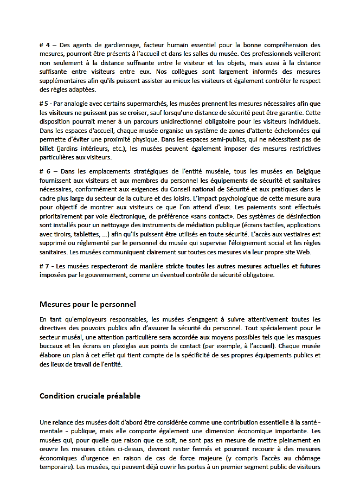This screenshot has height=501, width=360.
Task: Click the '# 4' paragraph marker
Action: point(44,45)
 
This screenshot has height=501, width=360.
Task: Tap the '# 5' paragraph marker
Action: point(44,104)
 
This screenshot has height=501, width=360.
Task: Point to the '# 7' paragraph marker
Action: point(44,266)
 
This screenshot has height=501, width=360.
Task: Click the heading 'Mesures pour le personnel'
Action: point(88,304)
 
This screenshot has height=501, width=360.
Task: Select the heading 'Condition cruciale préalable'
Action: point(90,395)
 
